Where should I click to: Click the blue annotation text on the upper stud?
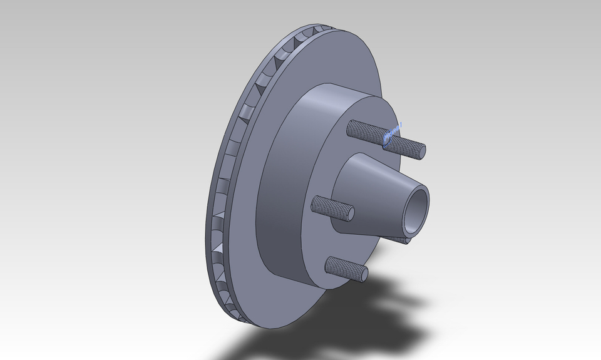click(x=393, y=133)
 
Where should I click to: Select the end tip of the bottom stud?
click(x=362, y=274)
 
